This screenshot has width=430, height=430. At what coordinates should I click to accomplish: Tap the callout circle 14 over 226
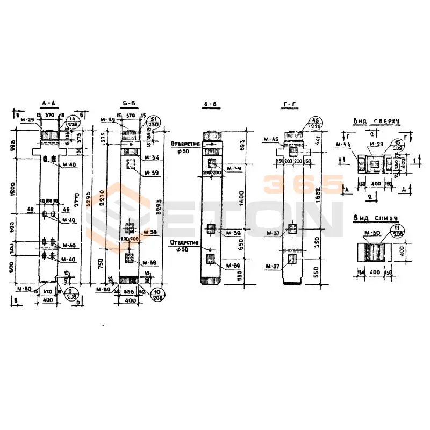pyautogui.click(x=71, y=123)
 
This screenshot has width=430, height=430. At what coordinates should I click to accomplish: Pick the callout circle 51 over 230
pyautogui.click(x=154, y=123)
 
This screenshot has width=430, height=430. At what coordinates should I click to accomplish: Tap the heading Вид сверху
pyautogui.click(x=376, y=121)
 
